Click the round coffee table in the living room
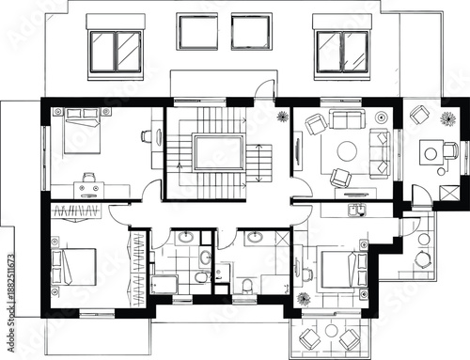347,150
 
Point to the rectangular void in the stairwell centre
218,150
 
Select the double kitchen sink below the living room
358,208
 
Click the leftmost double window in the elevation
117,49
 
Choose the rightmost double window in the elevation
342,49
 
